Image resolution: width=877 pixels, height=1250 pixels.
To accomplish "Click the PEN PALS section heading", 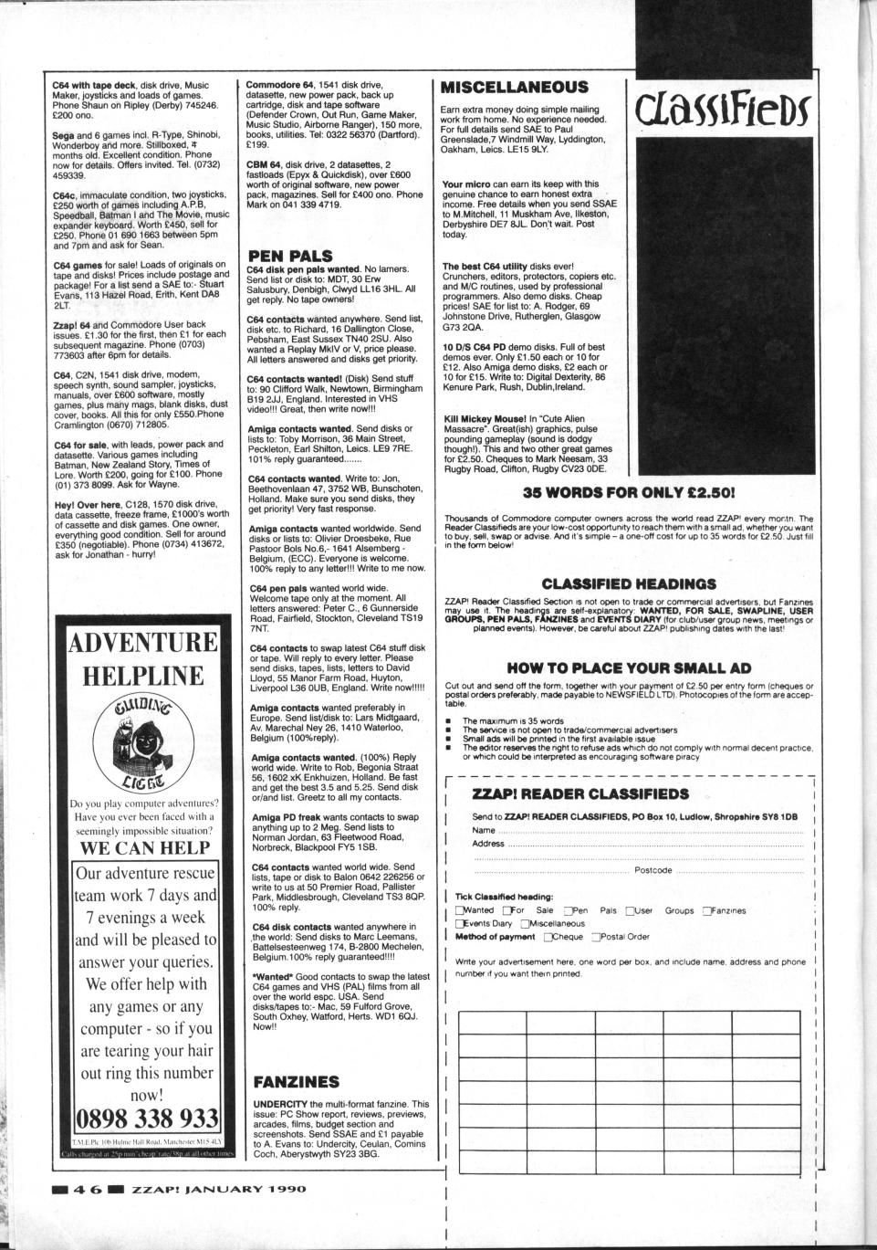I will click(x=290, y=256).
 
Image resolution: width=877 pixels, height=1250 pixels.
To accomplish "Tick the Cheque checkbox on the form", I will click(x=548, y=937).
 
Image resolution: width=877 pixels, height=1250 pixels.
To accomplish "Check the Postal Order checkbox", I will click(x=597, y=937).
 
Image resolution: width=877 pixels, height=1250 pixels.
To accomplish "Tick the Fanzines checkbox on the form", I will click(x=707, y=910).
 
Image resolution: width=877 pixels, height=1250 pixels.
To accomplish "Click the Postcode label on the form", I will click(x=653, y=870).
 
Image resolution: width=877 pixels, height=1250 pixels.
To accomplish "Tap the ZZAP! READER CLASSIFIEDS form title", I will click(x=580, y=794).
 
